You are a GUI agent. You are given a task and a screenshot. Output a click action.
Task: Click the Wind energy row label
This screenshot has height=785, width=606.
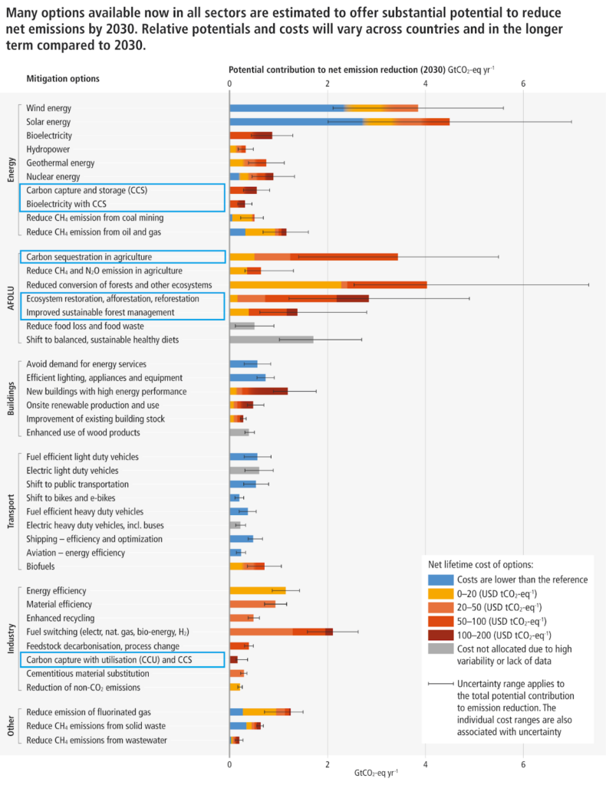coord(48,108)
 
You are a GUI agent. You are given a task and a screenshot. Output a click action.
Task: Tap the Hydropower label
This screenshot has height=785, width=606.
coord(48,149)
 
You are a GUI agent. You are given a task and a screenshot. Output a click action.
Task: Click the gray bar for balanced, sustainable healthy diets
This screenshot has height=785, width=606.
coord(271,340)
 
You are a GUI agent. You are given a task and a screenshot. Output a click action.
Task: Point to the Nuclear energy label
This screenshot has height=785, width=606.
coord(54,176)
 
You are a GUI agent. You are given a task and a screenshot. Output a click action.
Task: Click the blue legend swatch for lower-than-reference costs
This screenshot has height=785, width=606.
coord(440,580)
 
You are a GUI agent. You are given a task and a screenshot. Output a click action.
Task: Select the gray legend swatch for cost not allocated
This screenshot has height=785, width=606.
coord(440,648)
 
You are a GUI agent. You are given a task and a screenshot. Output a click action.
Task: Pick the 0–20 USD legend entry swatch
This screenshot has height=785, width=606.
coord(440,593)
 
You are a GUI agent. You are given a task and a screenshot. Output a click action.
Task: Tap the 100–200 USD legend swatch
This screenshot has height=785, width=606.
coord(440,635)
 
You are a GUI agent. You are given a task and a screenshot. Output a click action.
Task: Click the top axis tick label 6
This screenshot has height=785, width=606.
coord(523,84)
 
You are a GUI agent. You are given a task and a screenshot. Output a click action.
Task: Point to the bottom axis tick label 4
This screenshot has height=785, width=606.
coord(426,764)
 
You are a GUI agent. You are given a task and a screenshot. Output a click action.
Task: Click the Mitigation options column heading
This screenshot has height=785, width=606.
coord(63,78)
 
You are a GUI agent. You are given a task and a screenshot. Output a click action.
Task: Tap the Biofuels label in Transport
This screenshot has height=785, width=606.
coord(41,567)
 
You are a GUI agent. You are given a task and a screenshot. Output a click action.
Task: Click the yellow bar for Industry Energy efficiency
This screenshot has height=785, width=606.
coord(257,591)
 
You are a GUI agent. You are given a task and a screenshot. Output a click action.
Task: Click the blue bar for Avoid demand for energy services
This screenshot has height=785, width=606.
coord(243,364)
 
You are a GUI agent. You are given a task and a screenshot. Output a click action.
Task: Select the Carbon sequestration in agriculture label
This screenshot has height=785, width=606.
coord(89,257)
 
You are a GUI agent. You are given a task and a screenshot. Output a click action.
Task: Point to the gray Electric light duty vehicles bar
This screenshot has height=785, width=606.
coord(244,471)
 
